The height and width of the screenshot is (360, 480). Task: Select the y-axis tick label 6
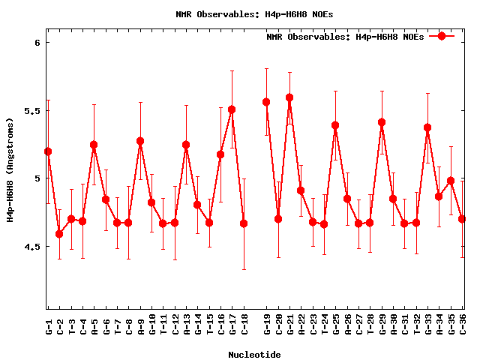pyautogui.click(x=36, y=43)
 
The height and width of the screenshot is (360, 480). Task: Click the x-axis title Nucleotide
pyautogui.click(x=254, y=355)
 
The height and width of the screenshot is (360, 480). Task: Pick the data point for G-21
pyautogui.click(x=289, y=97)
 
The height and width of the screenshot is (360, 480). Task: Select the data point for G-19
pyautogui.click(x=266, y=102)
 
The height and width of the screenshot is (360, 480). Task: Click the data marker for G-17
pyautogui.click(x=232, y=109)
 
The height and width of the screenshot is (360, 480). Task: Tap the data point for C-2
pyautogui.click(x=59, y=234)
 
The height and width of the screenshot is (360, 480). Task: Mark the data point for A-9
pyautogui.click(x=140, y=141)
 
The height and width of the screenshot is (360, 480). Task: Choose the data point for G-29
pyautogui.click(x=382, y=122)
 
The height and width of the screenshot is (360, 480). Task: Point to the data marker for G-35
pyautogui.click(x=451, y=181)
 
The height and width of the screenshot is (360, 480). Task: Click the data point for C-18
pyautogui.click(x=244, y=223)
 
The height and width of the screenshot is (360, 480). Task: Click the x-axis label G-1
pyautogui.click(x=49, y=327)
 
